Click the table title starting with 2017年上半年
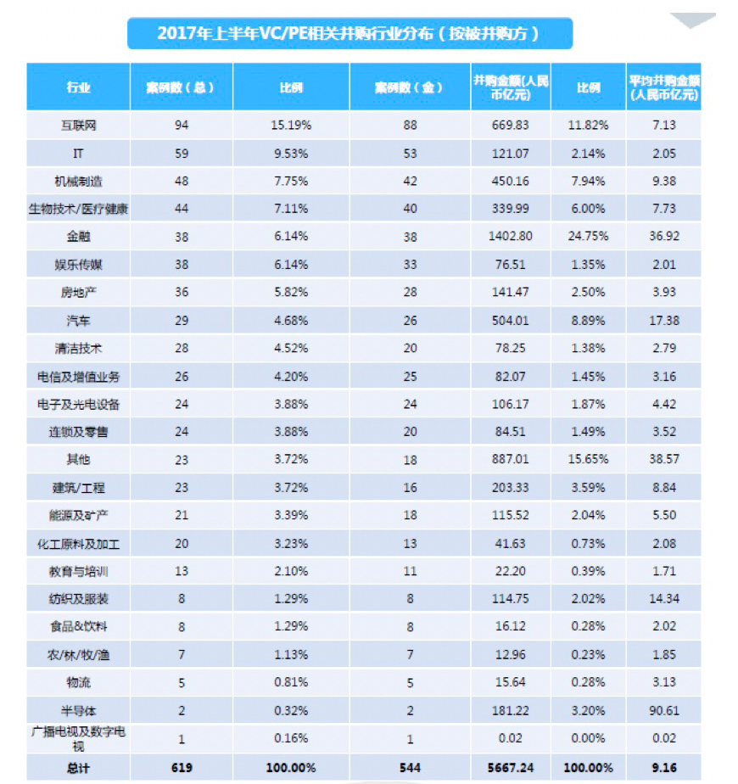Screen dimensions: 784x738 click(349, 33)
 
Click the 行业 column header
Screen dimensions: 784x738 click(78, 87)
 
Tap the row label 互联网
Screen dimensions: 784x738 click(78, 125)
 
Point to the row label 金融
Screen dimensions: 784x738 click(78, 236)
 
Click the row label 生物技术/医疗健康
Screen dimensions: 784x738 click(78, 208)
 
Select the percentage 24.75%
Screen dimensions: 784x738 click(588, 236)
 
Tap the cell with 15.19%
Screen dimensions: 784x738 click(291, 125)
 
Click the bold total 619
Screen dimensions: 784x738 click(181, 768)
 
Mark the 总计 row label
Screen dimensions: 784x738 click(78, 768)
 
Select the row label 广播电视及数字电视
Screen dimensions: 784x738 click(78, 736)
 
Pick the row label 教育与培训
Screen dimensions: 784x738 click(78, 570)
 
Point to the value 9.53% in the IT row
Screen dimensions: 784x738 click(291, 153)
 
